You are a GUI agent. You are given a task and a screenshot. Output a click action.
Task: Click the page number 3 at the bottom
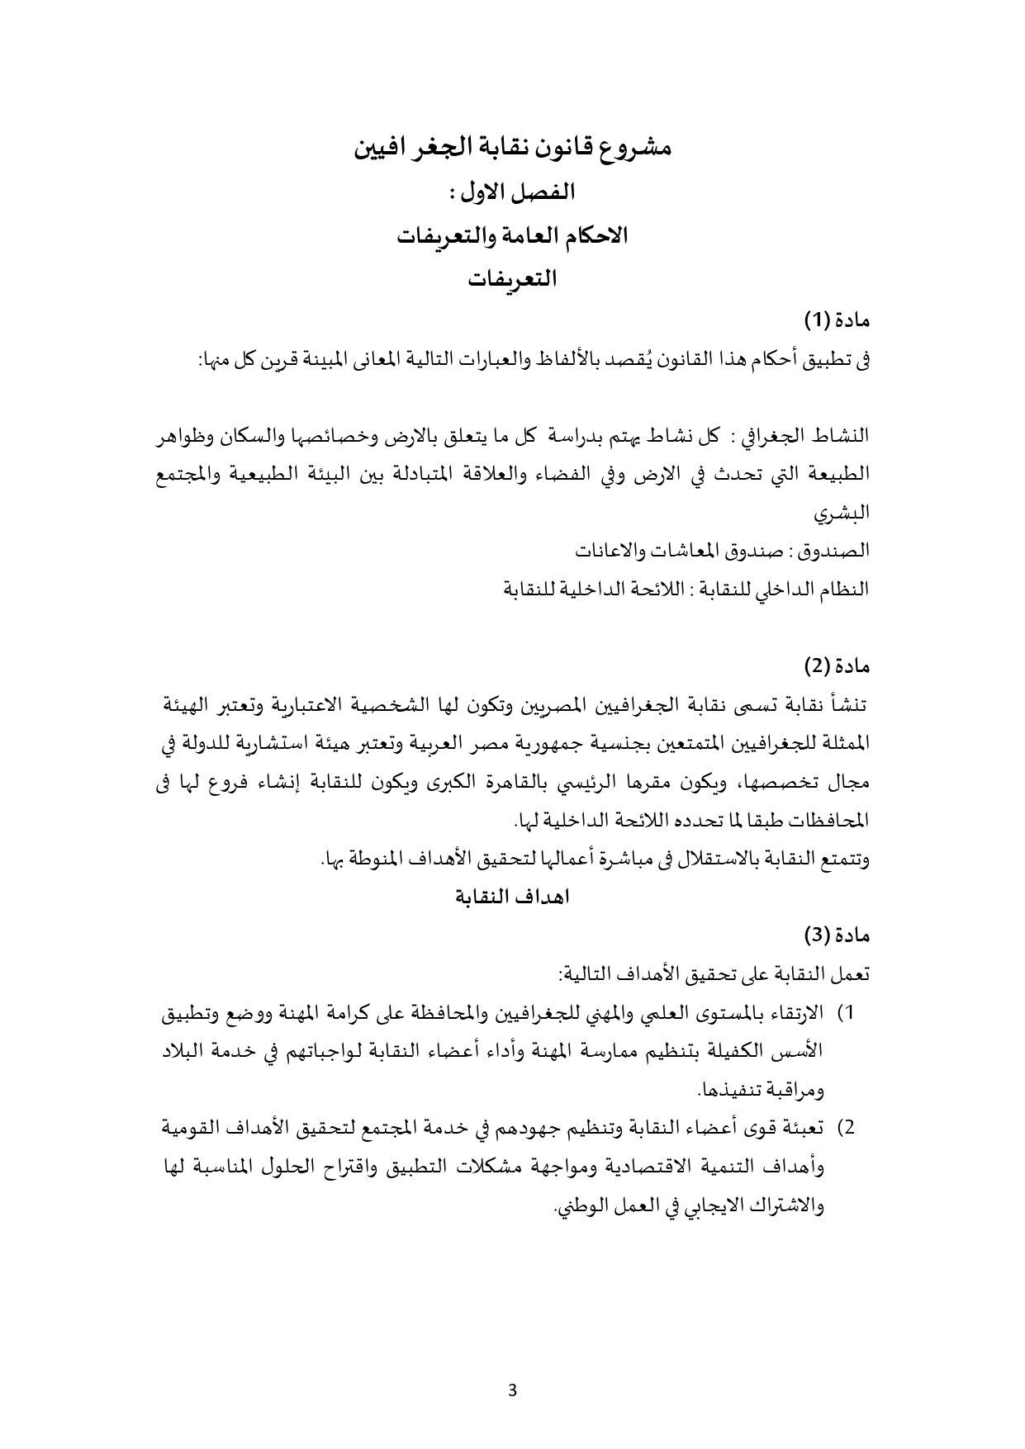click(x=512, y=1390)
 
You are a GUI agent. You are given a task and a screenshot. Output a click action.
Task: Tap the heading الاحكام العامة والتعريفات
click(x=512, y=237)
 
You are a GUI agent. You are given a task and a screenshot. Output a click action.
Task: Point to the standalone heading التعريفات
click(x=512, y=281)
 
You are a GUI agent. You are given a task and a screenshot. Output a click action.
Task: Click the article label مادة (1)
click(x=838, y=319)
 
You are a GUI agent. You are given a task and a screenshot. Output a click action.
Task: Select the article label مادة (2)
click(x=838, y=665)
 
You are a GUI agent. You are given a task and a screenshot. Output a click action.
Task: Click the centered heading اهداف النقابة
click(x=513, y=897)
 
